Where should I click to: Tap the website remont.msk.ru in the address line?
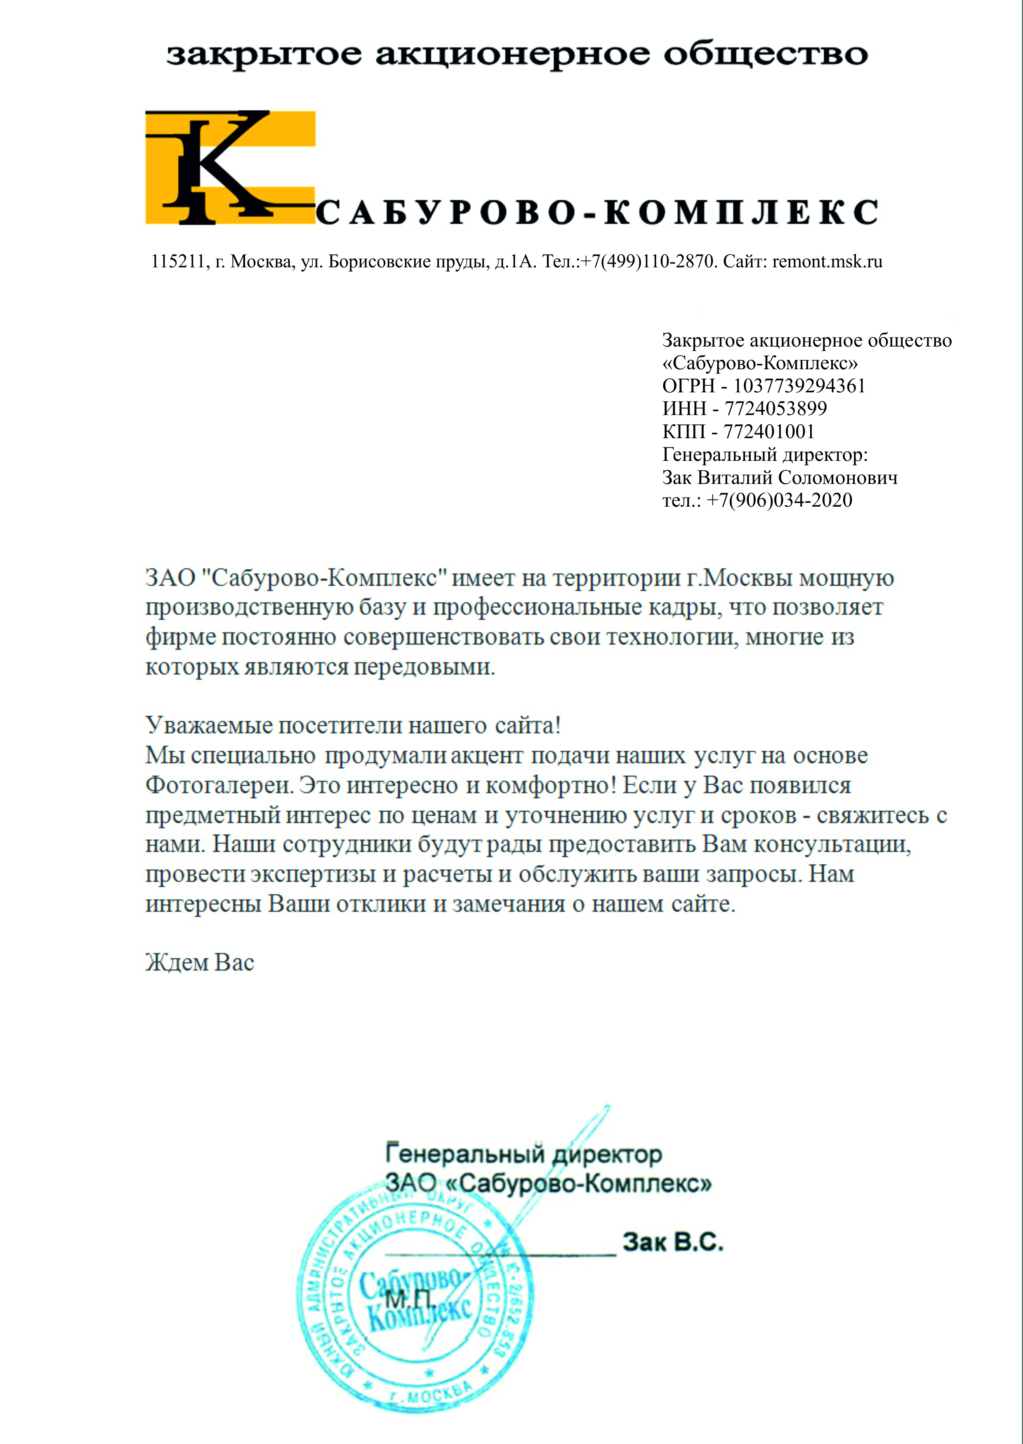pos(827,262)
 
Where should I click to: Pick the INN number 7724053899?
pos(775,408)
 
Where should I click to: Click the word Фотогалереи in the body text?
pos(219,785)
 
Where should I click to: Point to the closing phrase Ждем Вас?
pos(200,963)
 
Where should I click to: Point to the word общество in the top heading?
pos(765,55)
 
